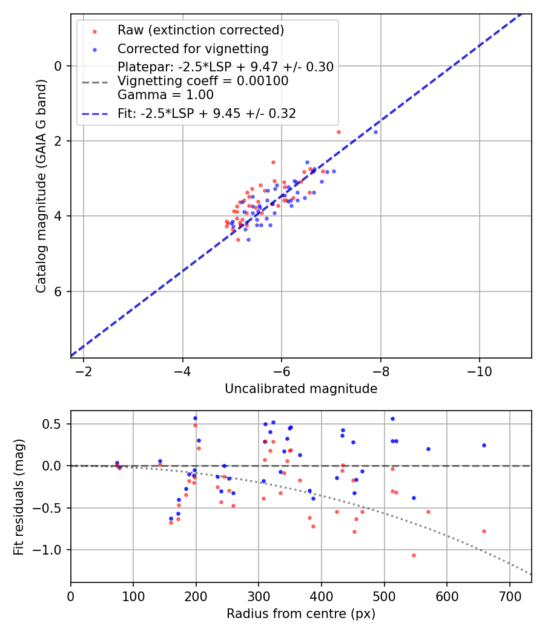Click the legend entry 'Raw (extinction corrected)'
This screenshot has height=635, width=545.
(200, 30)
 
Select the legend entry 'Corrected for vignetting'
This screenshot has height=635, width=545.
(193, 48)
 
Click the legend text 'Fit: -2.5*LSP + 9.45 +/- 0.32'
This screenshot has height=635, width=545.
(206, 114)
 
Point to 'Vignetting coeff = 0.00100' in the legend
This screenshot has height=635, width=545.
(203, 81)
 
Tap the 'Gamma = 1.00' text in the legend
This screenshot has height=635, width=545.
(165, 95)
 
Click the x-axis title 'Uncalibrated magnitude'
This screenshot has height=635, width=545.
(301, 389)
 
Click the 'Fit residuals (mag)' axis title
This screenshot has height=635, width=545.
(19, 497)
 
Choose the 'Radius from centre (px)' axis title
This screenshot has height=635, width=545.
(301, 614)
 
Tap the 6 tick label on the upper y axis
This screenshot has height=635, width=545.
(59, 291)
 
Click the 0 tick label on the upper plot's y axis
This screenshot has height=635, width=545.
(59, 66)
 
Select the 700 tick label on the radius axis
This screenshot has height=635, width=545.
(509, 595)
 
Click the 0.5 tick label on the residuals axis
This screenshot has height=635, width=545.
(56, 424)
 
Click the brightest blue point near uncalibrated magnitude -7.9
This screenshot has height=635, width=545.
(375, 132)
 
